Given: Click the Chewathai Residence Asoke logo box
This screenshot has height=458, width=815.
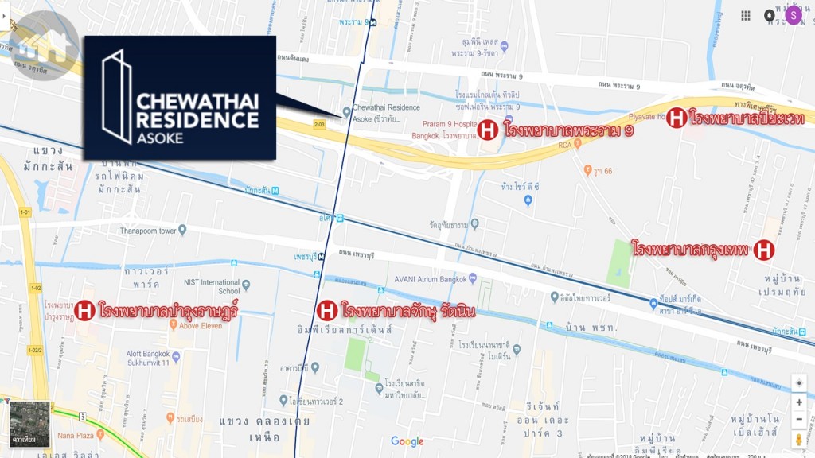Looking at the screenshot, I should click(180, 97).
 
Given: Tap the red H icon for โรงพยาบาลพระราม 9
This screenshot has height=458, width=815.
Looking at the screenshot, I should click(488, 130).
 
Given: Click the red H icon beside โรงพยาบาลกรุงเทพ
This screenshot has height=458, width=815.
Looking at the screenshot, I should click(763, 250).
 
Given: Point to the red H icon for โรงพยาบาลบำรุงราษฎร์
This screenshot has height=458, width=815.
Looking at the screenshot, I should click(86, 309).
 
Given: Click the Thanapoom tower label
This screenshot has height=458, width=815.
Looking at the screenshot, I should click(150, 231).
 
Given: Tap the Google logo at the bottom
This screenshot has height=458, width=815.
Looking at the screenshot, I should click(407, 441).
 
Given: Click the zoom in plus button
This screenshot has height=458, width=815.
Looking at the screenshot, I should click(799, 402).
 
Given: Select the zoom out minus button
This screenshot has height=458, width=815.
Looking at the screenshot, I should click(799, 420).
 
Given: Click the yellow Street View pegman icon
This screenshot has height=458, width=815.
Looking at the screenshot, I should click(799, 440).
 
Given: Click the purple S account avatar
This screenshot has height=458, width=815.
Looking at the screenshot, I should click(793, 15).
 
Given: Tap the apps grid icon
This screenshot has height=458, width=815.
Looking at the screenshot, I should click(746, 16).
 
